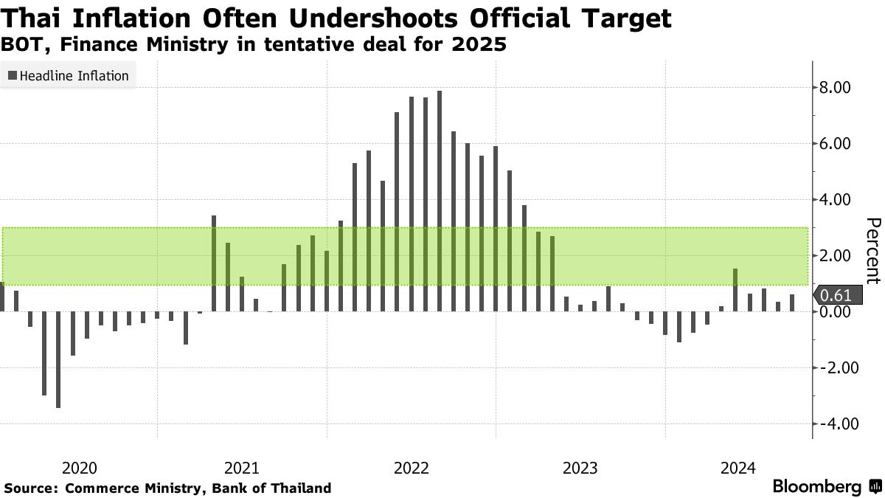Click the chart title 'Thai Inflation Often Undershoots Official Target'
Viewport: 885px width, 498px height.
(x=336, y=18)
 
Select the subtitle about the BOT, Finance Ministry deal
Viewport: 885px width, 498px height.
(x=254, y=45)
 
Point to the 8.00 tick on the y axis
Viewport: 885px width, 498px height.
(x=836, y=88)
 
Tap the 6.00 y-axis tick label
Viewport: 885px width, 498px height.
(x=836, y=144)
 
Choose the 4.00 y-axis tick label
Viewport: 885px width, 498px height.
(x=836, y=200)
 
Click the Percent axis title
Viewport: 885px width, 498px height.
(x=872, y=251)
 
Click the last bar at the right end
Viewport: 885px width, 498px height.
(x=792, y=303)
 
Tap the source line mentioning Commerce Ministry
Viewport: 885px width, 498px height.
(x=167, y=488)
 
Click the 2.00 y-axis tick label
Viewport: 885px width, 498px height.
(x=836, y=256)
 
